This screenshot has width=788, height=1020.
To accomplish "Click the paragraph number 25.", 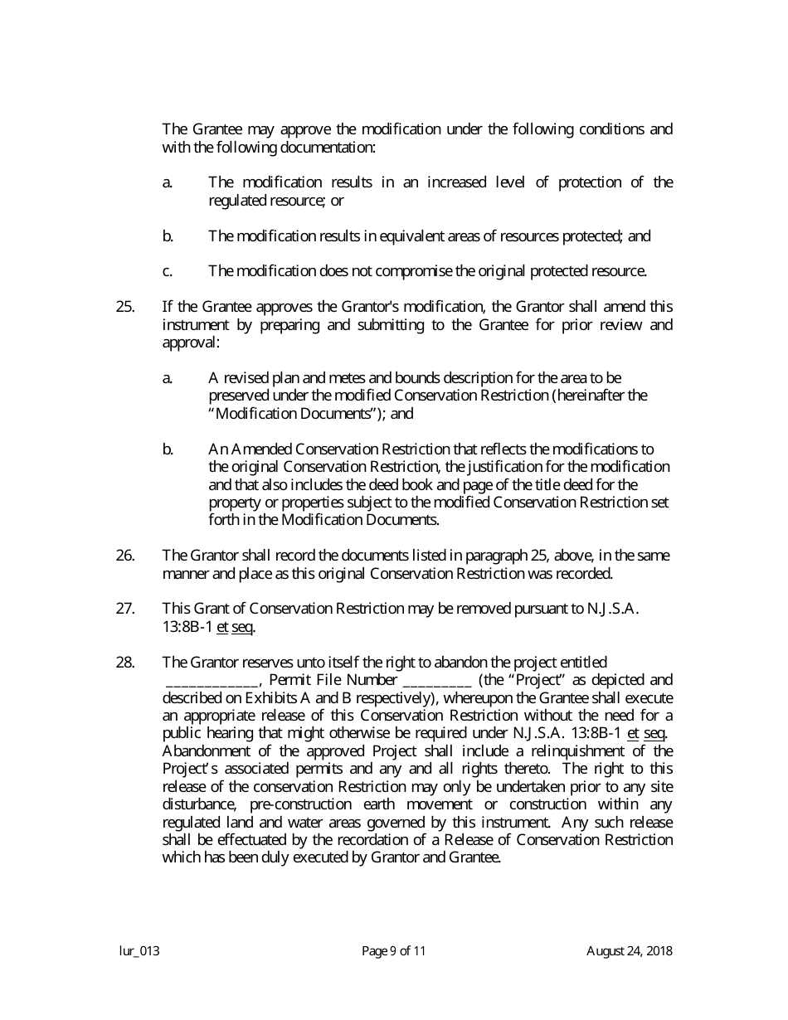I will pyautogui.click(x=125, y=307).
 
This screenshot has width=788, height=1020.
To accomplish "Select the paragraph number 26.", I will pyautogui.click(x=125, y=555).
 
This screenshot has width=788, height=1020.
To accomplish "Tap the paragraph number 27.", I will pyautogui.click(x=125, y=609).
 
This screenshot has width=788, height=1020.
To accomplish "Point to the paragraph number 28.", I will pyautogui.click(x=125, y=662).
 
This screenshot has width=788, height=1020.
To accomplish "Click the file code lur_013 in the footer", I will pyautogui.click(x=139, y=951).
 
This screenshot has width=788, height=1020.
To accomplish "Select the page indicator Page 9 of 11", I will pyautogui.click(x=394, y=951).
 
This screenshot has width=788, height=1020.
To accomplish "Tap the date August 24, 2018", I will pyautogui.click(x=630, y=951).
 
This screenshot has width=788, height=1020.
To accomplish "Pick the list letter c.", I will pyautogui.click(x=168, y=271).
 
